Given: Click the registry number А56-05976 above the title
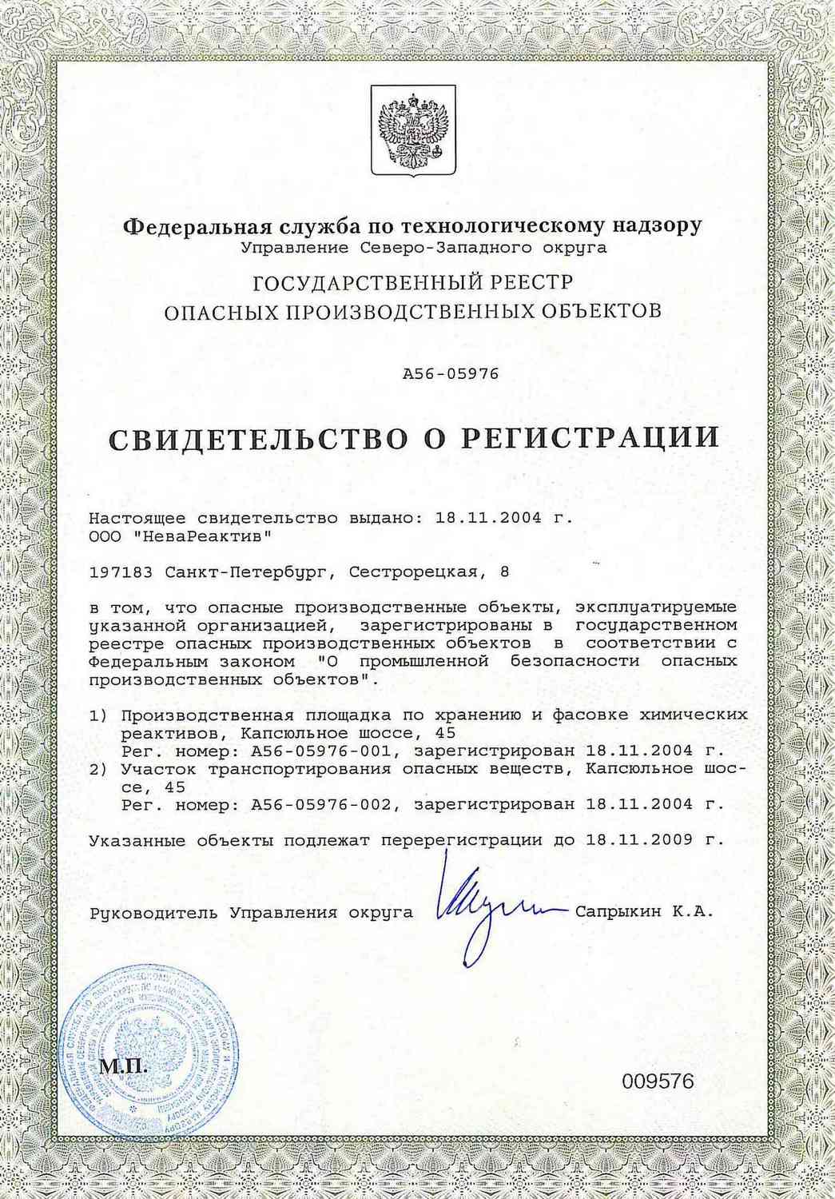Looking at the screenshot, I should [x=451, y=373].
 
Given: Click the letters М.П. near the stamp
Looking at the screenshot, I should [x=123, y=1067].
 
